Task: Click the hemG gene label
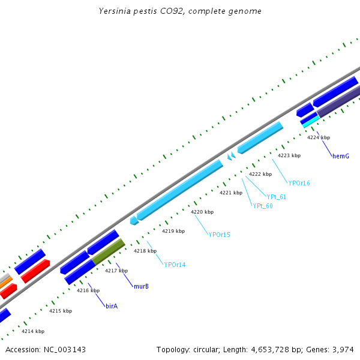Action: pyautogui.click(x=340, y=156)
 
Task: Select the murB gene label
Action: pyautogui.click(x=141, y=286)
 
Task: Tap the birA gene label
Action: pyautogui.click(x=112, y=306)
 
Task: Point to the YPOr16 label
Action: pyautogui.click(x=299, y=183)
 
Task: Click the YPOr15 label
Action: pyautogui.click(x=219, y=235)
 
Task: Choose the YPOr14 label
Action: pyautogui.click(x=175, y=265)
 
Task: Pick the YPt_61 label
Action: pyautogui.click(x=276, y=197)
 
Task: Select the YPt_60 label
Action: pyautogui.click(x=263, y=206)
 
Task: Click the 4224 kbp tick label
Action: pyautogui.click(x=319, y=138)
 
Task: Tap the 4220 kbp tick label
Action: pyautogui.click(x=202, y=212)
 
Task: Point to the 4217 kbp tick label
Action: pyautogui.click(x=116, y=271)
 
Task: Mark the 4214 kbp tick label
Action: pyautogui.click(x=33, y=331)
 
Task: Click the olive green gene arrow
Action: pyautogui.click(x=109, y=252)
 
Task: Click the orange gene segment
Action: pyautogui.click(x=5, y=281)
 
